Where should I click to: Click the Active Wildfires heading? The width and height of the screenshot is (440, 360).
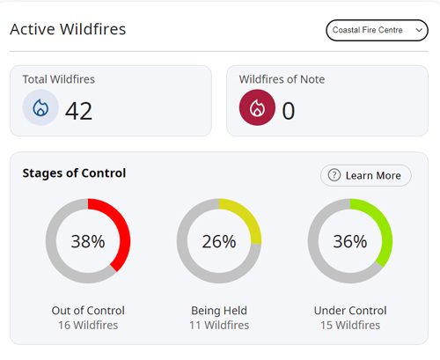pos(68,29)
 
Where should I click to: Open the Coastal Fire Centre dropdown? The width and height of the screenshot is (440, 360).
pos(377,30)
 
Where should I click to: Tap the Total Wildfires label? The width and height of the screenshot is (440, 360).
pos(59,79)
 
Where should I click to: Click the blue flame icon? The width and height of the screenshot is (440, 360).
pos(40,108)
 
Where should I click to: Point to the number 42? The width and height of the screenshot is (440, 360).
pos(78,110)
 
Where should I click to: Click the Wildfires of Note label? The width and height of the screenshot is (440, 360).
pos(282,79)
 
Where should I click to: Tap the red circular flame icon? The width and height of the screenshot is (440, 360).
pos(257,108)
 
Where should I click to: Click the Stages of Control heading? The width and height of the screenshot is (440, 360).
pos(74,173)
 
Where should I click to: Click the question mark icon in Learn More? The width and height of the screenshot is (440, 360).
pos(334,175)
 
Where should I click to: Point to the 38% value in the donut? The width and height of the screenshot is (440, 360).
pos(88,241)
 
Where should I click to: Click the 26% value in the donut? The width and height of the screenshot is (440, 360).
pos(219,241)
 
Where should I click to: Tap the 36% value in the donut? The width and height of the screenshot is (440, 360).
pos(349,241)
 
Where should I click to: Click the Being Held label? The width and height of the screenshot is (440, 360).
pos(219,311)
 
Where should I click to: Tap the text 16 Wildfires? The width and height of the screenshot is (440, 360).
pos(88,325)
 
